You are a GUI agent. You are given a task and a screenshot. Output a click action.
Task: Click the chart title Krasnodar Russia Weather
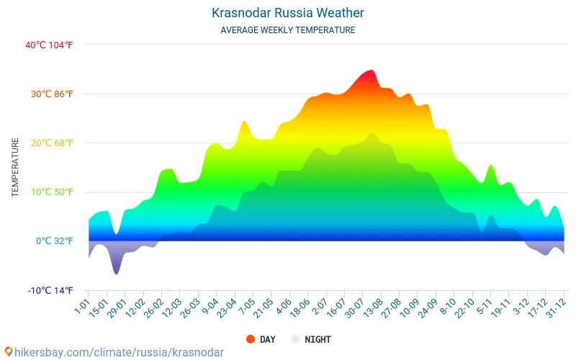click(x=287, y=13)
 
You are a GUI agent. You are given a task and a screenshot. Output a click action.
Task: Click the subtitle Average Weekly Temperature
click(x=287, y=30)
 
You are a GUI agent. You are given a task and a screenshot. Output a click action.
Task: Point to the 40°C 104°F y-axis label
click(x=49, y=45)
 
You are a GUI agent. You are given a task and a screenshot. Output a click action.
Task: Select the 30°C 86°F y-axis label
click(x=49, y=94)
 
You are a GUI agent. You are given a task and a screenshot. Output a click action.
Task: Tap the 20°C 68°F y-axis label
click(x=49, y=143)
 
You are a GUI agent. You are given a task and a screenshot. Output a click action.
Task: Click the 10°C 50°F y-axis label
click(x=49, y=192)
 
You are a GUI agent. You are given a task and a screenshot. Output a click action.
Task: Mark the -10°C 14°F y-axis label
click(x=50, y=290)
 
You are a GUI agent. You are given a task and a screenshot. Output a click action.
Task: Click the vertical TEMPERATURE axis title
click(x=15, y=168)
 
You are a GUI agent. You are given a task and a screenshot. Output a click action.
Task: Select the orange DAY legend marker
click(x=250, y=339)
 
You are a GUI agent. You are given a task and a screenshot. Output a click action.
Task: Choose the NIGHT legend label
click(x=318, y=339)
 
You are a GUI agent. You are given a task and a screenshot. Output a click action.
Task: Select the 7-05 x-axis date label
click(x=246, y=307)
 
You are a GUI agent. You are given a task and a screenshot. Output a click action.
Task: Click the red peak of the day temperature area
click(x=370, y=71)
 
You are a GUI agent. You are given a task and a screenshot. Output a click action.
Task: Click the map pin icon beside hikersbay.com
click(x=8, y=352)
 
